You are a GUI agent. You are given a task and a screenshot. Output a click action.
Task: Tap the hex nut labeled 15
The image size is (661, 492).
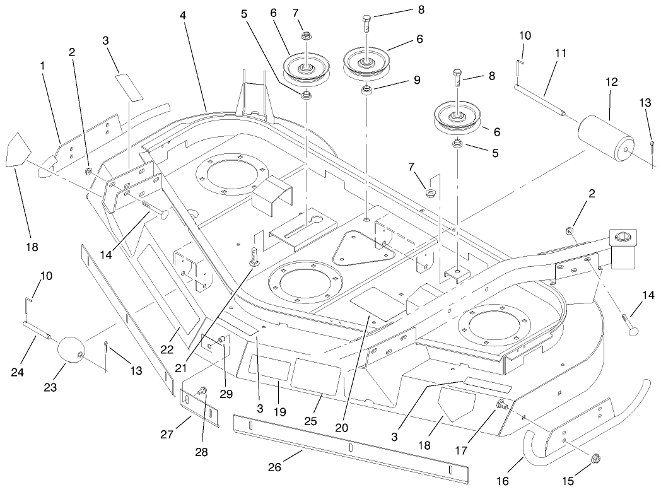tap(596, 464)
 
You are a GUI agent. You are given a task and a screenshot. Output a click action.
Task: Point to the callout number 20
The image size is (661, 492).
tap(341, 427)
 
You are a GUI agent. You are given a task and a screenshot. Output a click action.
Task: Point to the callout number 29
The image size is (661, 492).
tap(226, 394)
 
